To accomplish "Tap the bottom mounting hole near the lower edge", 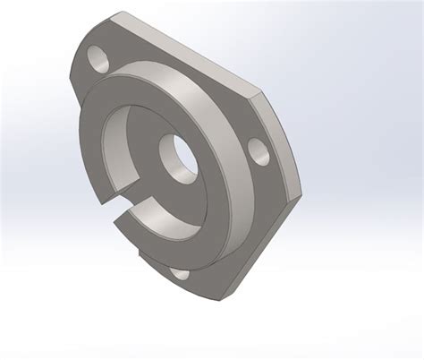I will (x=179, y=275).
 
